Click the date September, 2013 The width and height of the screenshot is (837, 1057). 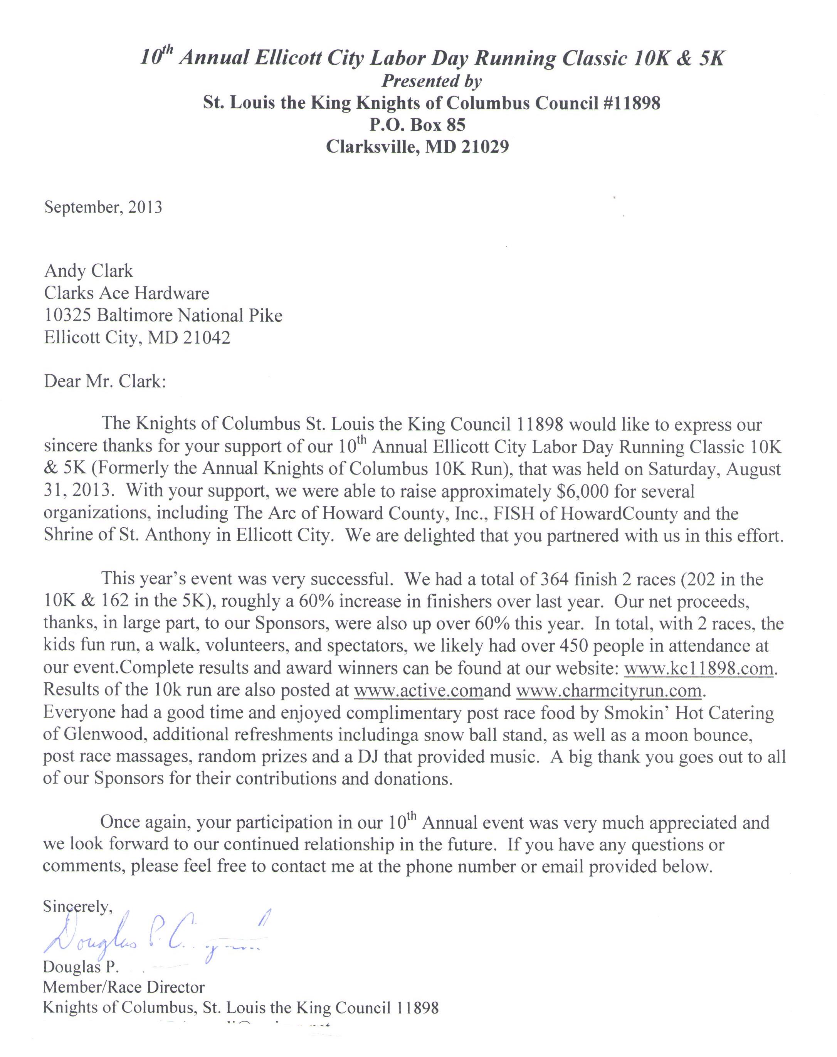103,207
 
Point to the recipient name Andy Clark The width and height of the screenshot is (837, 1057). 88,271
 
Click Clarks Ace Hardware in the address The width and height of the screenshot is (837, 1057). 126,293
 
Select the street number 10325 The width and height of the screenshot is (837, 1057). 67,315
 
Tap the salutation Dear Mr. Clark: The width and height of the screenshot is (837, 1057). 105,381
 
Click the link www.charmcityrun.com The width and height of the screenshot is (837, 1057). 610,690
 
